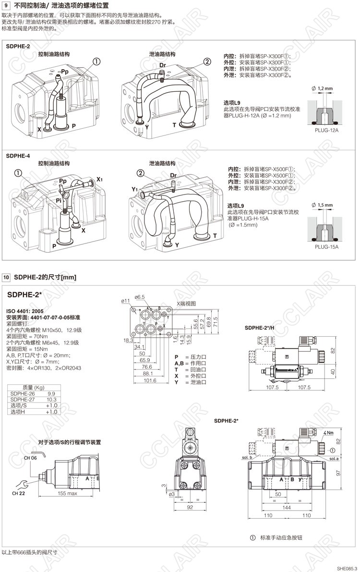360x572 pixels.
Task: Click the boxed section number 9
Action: point(6,6)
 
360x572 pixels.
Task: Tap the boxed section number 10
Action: point(6,277)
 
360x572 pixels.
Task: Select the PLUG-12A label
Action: point(326,130)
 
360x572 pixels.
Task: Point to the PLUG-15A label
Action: point(326,247)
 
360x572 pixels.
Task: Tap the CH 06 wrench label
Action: point(30,458)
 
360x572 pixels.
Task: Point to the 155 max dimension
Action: point(67,493)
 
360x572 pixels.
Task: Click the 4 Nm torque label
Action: point(328,432)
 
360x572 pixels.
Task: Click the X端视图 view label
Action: point(186,303)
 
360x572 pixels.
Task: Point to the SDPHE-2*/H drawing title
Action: point(259,327)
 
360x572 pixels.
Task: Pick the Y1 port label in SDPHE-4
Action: point(134,189)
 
